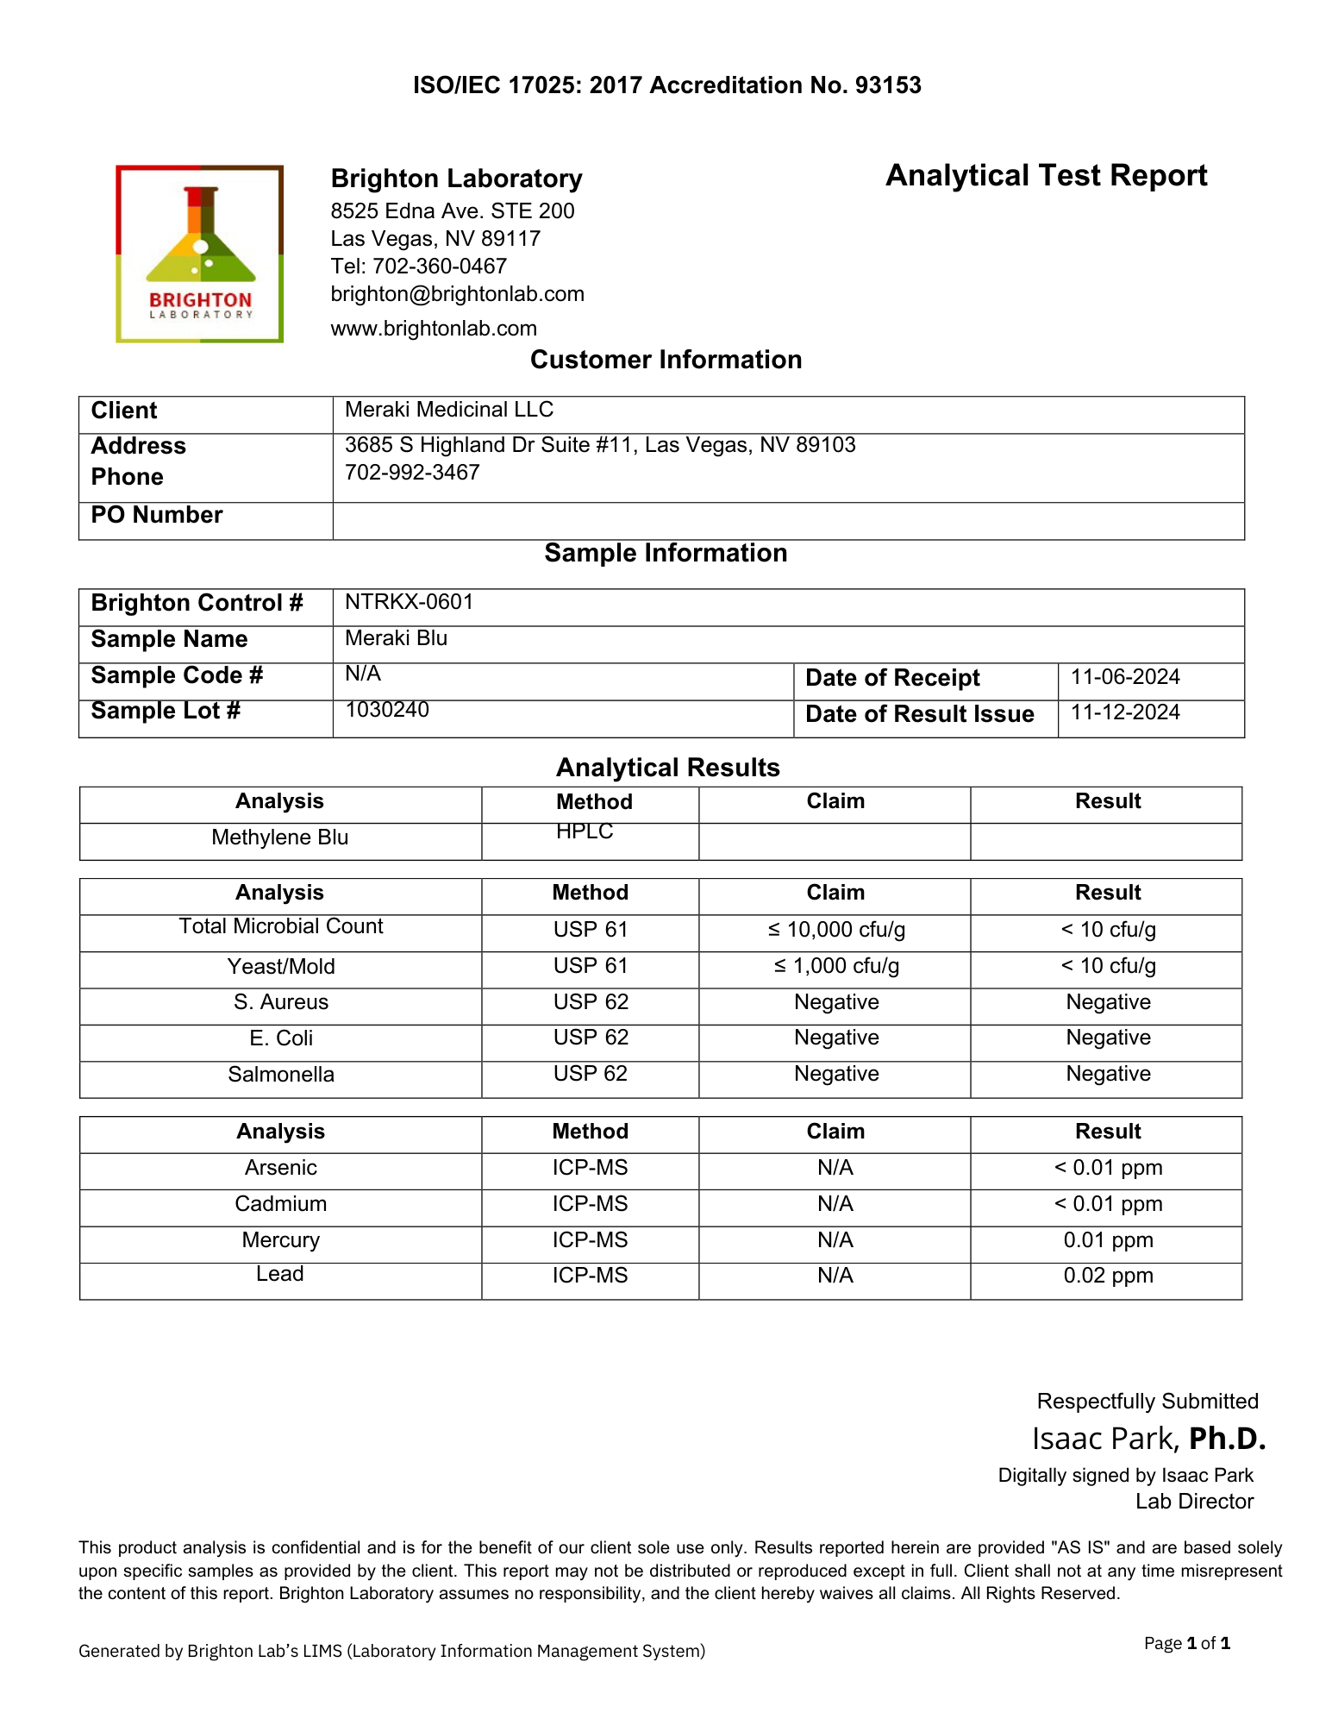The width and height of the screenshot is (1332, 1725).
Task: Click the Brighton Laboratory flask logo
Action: click(200, 254)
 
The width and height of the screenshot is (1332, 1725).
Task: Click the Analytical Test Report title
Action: click(1046, 176)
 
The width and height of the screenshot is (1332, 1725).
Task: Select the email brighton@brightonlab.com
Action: click(457, 294)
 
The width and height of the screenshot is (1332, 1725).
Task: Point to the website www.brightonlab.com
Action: click(434, 329)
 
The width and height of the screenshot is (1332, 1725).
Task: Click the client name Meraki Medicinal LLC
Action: click(448, 410)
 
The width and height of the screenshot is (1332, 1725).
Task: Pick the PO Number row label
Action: click(157, 515)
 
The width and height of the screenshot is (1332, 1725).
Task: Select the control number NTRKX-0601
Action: click(409, 602)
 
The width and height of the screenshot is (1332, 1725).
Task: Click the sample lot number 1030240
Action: click(387, 710)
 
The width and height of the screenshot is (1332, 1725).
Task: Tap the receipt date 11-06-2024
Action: click(1125, 677)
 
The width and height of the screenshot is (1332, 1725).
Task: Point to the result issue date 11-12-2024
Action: click(1125, 712)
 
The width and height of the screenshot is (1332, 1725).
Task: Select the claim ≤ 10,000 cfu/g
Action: click(835, 930)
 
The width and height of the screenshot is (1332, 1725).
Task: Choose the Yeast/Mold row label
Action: click(281, 967)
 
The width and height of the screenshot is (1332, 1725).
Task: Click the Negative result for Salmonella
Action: click(1108, 1074)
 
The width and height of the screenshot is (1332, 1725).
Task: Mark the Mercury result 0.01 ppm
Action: click(1108, 1240)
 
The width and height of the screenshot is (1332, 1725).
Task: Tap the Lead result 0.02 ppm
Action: click(1108, 1276)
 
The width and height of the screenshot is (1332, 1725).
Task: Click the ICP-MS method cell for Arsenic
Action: click(590, 1168)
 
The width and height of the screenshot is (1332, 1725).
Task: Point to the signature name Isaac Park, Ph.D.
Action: click(1148, 1439)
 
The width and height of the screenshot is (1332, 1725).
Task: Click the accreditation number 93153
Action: click(888, 85)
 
